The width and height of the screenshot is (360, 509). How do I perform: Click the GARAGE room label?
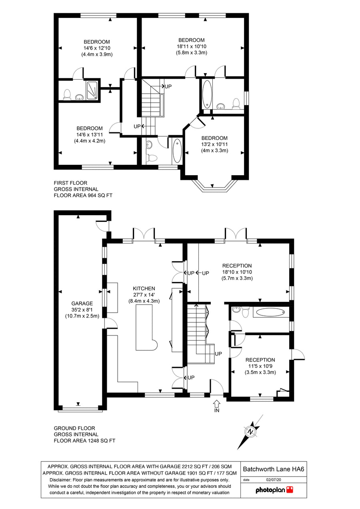82,303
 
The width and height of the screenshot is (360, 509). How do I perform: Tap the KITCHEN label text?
144,288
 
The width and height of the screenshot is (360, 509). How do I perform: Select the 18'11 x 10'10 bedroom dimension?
192,46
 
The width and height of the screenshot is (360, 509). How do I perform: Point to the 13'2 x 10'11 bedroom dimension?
214,144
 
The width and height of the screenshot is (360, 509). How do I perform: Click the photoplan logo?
274,490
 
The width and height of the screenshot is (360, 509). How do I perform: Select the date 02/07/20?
274,480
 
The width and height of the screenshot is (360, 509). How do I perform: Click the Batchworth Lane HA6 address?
274,469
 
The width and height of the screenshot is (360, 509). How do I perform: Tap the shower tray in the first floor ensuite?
92,90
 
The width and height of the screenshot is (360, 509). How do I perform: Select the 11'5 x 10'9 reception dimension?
260,366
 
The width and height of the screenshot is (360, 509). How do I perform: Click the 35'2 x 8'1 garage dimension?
82,309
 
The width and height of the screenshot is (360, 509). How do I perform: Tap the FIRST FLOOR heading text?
70,183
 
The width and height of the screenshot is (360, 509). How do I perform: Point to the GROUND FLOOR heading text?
74,428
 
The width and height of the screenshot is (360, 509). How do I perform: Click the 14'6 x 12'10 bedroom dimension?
97,48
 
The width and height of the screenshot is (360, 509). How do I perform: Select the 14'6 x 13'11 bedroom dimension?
90,134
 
